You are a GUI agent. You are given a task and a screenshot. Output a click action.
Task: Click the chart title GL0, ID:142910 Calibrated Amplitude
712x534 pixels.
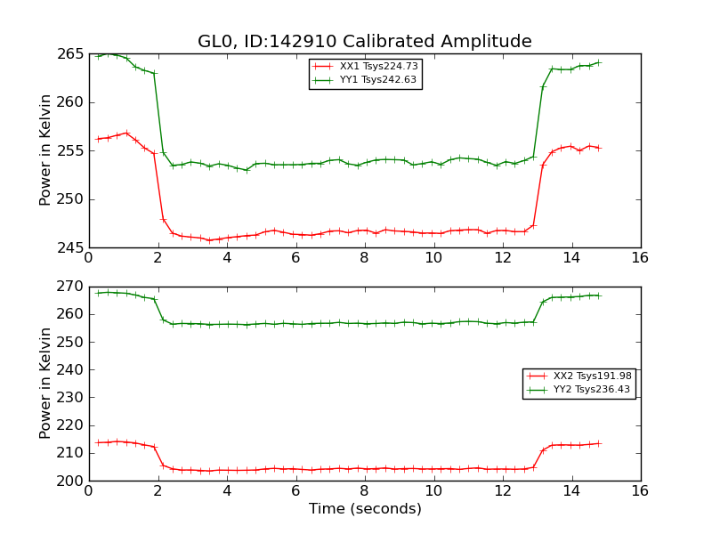364,42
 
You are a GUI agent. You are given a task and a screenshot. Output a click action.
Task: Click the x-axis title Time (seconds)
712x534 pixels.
365,509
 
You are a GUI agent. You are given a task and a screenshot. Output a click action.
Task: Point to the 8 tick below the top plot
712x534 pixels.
364,258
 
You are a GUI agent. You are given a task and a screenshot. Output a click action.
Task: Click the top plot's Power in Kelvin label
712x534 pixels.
45,150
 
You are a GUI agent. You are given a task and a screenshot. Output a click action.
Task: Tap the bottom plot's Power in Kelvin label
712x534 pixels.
45,383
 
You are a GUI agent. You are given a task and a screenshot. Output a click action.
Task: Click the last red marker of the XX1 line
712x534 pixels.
598,148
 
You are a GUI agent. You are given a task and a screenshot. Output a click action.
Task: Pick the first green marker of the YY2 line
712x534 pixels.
98,293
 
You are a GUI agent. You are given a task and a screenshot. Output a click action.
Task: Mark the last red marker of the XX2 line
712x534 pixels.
598,443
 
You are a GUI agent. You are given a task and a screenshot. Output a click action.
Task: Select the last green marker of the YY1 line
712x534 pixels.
598,62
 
